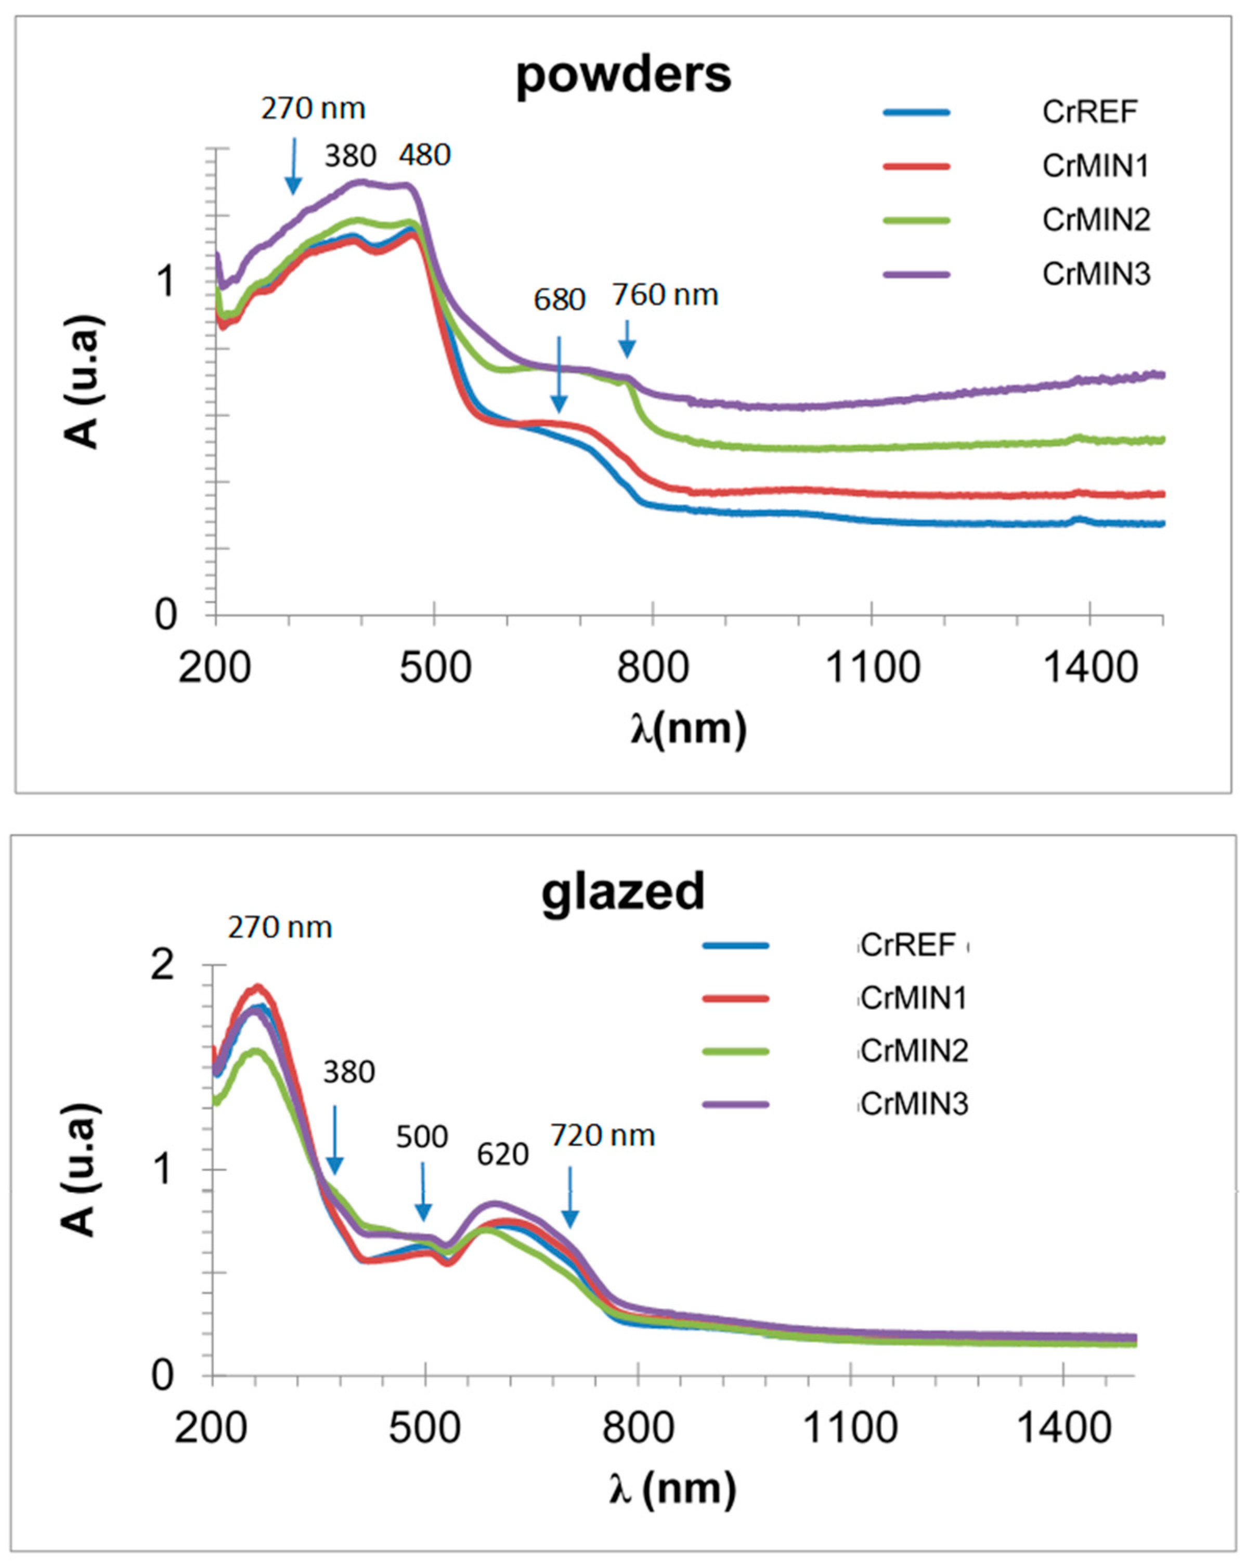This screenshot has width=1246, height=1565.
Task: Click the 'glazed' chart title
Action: (623, 891)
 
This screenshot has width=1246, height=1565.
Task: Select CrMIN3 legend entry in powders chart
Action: (1096, 274)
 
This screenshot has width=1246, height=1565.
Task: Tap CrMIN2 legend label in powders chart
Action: (1096, 219)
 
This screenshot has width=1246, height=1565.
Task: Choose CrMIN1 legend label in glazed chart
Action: (914, 999)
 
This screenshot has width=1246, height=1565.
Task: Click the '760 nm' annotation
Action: (665, 295)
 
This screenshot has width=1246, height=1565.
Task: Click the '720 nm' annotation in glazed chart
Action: (603, 1135)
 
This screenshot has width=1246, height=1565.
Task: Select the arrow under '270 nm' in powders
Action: (293, 167)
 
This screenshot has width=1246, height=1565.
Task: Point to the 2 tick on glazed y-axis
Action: (163, 967)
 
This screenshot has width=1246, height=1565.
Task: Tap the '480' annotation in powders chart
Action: (425, 154)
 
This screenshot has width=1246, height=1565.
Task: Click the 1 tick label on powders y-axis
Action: (167, 282)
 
